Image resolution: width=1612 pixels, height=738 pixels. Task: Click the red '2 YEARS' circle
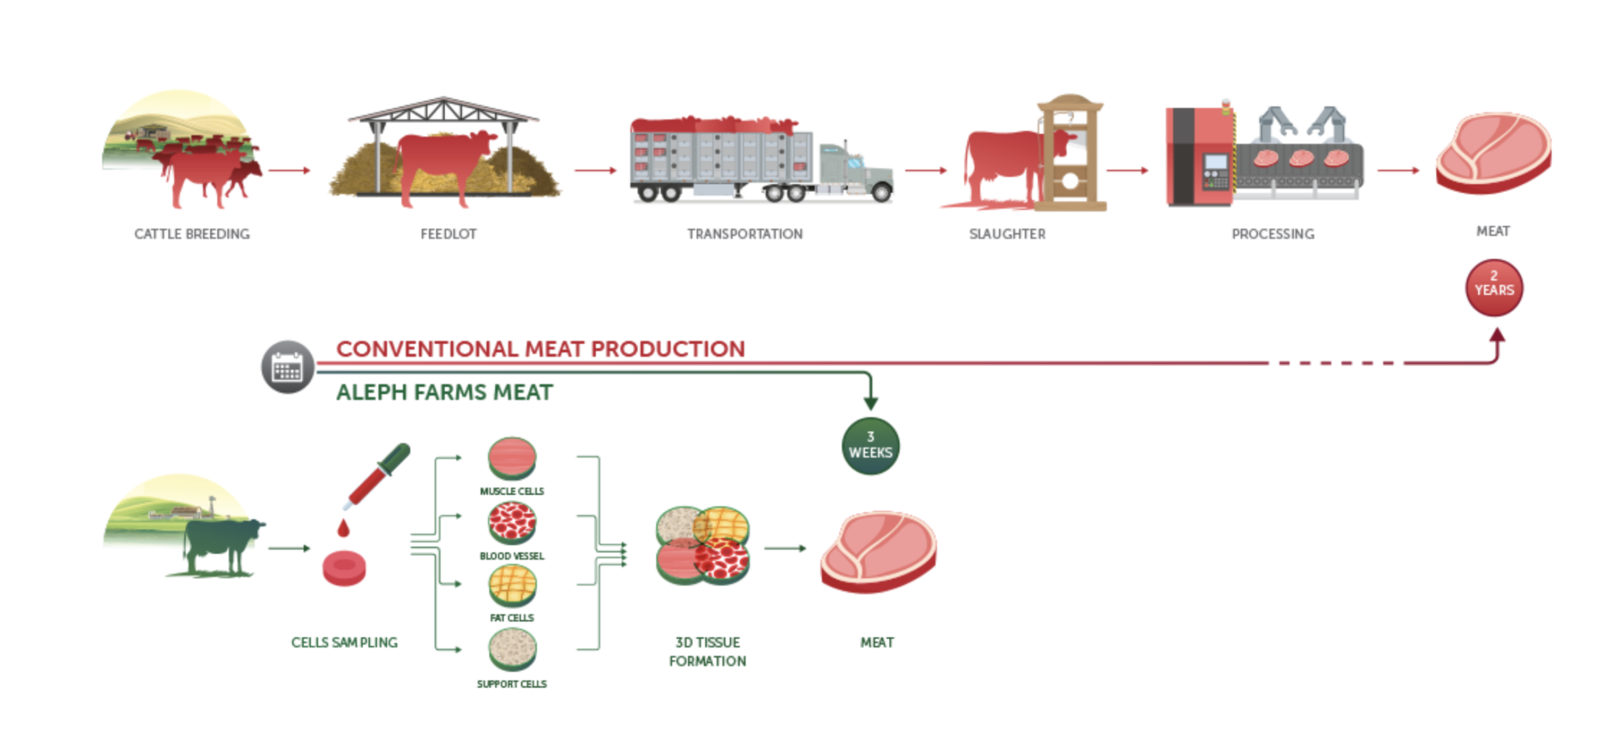(1493, 288)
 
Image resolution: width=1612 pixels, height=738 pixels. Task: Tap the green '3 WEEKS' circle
(870, 445)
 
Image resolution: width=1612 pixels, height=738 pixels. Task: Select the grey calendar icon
(287, 367)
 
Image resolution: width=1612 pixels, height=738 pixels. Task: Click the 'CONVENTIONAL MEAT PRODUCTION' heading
(540, 349)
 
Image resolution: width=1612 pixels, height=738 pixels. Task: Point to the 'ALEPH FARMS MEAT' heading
(444, 392)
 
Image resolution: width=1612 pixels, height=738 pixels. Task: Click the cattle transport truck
(761, 161)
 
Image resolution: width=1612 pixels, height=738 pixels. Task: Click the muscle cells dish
(512, 457)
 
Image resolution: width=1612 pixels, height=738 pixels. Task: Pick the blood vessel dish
(512, 522)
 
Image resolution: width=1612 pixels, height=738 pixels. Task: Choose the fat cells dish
(512, 585)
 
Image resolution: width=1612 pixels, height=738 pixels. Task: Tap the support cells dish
(512, 649)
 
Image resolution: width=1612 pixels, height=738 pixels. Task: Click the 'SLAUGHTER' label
(1007, 234)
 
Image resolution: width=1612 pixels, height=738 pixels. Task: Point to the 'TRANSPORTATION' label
(745, 234)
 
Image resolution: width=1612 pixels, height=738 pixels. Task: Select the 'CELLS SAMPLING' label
(344, 642)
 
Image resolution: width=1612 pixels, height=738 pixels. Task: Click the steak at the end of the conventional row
(1492, 153)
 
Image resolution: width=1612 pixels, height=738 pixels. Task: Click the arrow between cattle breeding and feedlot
(289, 170)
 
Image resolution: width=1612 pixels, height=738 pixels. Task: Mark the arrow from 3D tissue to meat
(785, 548)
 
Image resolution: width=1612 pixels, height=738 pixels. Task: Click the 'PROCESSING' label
(1273, 234)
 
